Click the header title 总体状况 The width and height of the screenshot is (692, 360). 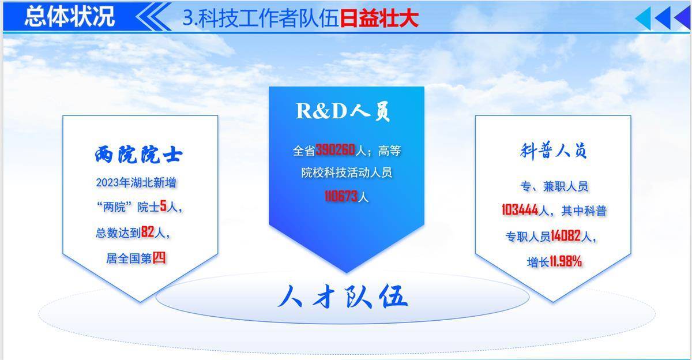(x=70, y=16)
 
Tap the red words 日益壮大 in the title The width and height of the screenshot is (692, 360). (x=379, y=18)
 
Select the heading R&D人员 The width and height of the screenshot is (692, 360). (x=343, y=111)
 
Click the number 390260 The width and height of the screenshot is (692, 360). (x=335, y=150)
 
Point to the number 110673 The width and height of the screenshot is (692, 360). (x=341, y=196)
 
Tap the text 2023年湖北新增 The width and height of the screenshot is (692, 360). (x=136, y=183)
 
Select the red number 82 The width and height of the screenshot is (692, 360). (x=148, y=232)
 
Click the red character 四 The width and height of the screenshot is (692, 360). (x=159, y=257)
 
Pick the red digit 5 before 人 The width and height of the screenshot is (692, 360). (x=163, y=206)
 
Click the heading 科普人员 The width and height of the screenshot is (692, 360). (x=553, y=151)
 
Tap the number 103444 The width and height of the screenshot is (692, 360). (x=520, y=210)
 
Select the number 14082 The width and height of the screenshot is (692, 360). (x=566, y=236)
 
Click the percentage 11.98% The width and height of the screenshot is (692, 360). (x=566, y=262)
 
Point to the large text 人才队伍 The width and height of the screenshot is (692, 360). (x=343, y=297)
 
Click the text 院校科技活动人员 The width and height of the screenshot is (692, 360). (x=347, y=172)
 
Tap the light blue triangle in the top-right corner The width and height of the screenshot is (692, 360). (x=643, y=18)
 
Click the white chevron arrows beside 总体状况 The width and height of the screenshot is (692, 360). (x=153, y=16)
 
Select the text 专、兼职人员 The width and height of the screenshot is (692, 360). (x=554, y=186)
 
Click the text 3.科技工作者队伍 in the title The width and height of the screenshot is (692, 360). (x=261, y=18)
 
